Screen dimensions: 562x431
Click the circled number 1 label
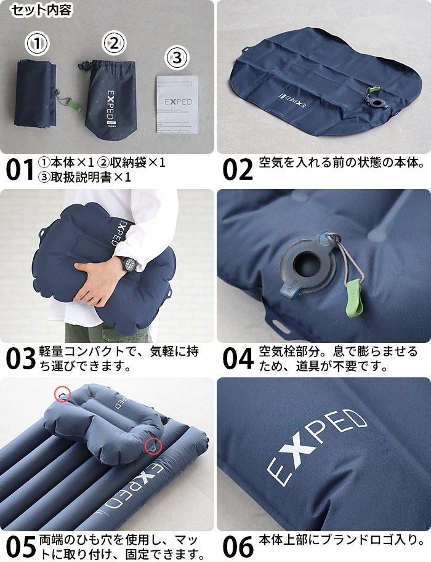[38, 44]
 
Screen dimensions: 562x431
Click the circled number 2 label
[113, 43]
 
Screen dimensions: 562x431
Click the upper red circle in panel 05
[62, 393]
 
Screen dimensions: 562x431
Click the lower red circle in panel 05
[151, 445]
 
